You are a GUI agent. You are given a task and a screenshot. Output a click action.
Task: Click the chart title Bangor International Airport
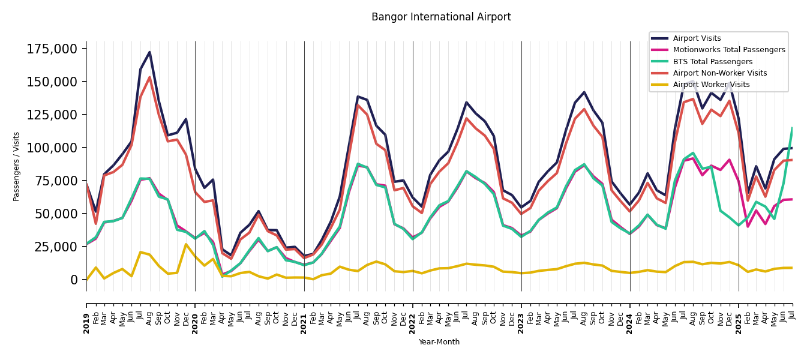441,17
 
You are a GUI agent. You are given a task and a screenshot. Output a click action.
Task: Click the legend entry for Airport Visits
697,38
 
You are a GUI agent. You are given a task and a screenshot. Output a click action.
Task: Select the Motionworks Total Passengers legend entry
728,50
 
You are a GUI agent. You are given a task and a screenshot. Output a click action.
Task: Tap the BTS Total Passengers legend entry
712,62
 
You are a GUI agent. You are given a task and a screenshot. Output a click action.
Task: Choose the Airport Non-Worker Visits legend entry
719,73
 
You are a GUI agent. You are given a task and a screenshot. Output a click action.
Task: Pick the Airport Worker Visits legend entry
711,85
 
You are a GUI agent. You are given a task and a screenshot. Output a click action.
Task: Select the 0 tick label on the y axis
74,280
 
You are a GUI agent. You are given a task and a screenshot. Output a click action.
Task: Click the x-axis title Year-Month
439,342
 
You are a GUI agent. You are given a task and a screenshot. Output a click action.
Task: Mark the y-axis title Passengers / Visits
17,166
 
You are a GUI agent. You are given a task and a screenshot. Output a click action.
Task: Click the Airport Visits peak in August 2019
149,52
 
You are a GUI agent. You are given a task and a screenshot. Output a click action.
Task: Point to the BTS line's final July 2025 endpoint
792,128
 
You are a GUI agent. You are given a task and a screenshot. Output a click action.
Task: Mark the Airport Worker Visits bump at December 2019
186,244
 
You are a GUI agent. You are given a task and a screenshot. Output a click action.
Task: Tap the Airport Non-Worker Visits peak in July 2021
358,106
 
